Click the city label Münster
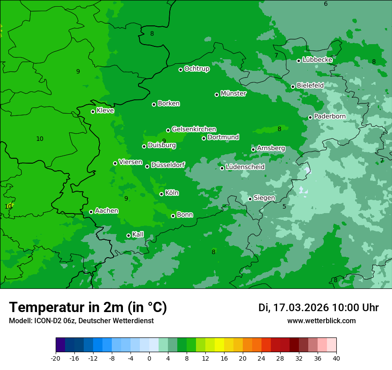click(233, 94)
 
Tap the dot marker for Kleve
click(93, 111)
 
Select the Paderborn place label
click(330, 116)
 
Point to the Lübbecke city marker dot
click(298, 61)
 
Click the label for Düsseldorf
click(168, 165)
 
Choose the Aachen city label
click(106, 211)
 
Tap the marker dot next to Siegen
click(250, 199)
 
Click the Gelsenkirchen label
click(194, 129)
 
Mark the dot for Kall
click(128, 235)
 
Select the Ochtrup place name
click(196, 69)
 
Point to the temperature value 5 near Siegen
click(284, 206)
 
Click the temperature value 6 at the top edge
click(326, 4)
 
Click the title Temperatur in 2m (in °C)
click(88, 307)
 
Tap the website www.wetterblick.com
click(321, 321)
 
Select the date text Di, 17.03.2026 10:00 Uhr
click(318, 308)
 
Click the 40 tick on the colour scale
click(336, 358)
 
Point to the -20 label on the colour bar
click(56, 358)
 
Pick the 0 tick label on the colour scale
click(149, 358)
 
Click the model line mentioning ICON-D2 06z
click(81, 321)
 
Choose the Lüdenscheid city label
click(245, 167)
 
